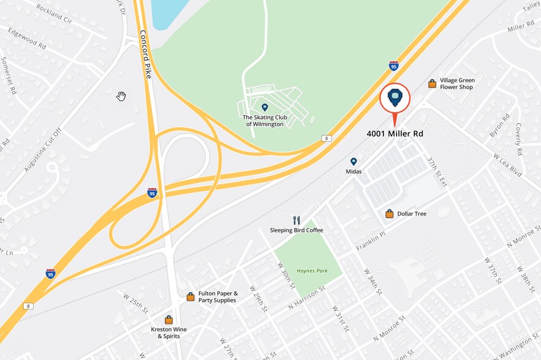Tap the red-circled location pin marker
pyautogui.click(x=395, y=98)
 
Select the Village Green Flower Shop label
pyautogui.click(x=457, y=84)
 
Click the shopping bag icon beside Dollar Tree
pyautogui.click(x=389, y=214)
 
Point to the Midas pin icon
pyautogui.click(x=354, y=162)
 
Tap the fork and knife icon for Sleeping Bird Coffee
pyautogui.click(x=297, y=220)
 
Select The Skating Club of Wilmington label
pyautogui.click(x=263, y=120)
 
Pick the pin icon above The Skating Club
pyautogui.click(x=265, y=107)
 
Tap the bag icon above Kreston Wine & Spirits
pyautogui.click(x=168, y=320)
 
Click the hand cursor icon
pyautogui.click(x=121, y=96)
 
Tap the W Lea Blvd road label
pyautogui.click(x=507, y=165)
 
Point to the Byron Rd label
pyautogui.click(x=499, y=125)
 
